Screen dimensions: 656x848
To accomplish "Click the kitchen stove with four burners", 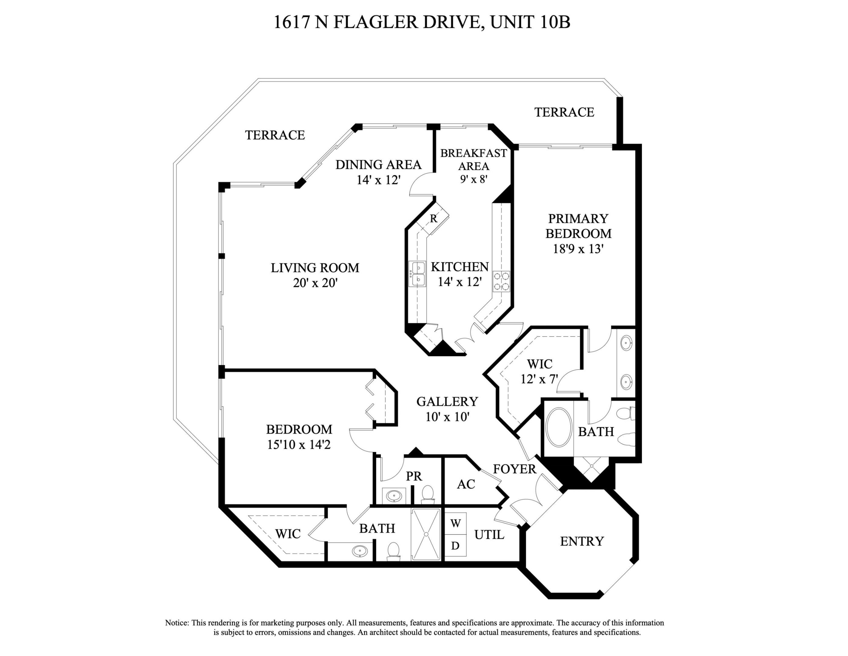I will (501, 281).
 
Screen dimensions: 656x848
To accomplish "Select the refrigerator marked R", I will (434, 219).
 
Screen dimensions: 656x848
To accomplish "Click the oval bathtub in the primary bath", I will (559, 427).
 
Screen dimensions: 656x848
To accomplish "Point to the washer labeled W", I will (455, 524).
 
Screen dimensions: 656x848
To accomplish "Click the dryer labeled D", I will (455, 546).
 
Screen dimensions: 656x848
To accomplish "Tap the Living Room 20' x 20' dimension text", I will (315, 283).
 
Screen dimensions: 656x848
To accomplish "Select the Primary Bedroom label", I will (578, 226).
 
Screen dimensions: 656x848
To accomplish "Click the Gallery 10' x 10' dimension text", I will (447, 417).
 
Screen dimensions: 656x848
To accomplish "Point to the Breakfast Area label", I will (473, 159).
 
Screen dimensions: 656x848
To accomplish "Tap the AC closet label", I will (466, 484).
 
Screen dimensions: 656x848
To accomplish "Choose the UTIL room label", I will (489, 535).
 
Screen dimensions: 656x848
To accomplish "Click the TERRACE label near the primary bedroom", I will (564, 112).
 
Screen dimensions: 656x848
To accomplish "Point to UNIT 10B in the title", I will (530, 22).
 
